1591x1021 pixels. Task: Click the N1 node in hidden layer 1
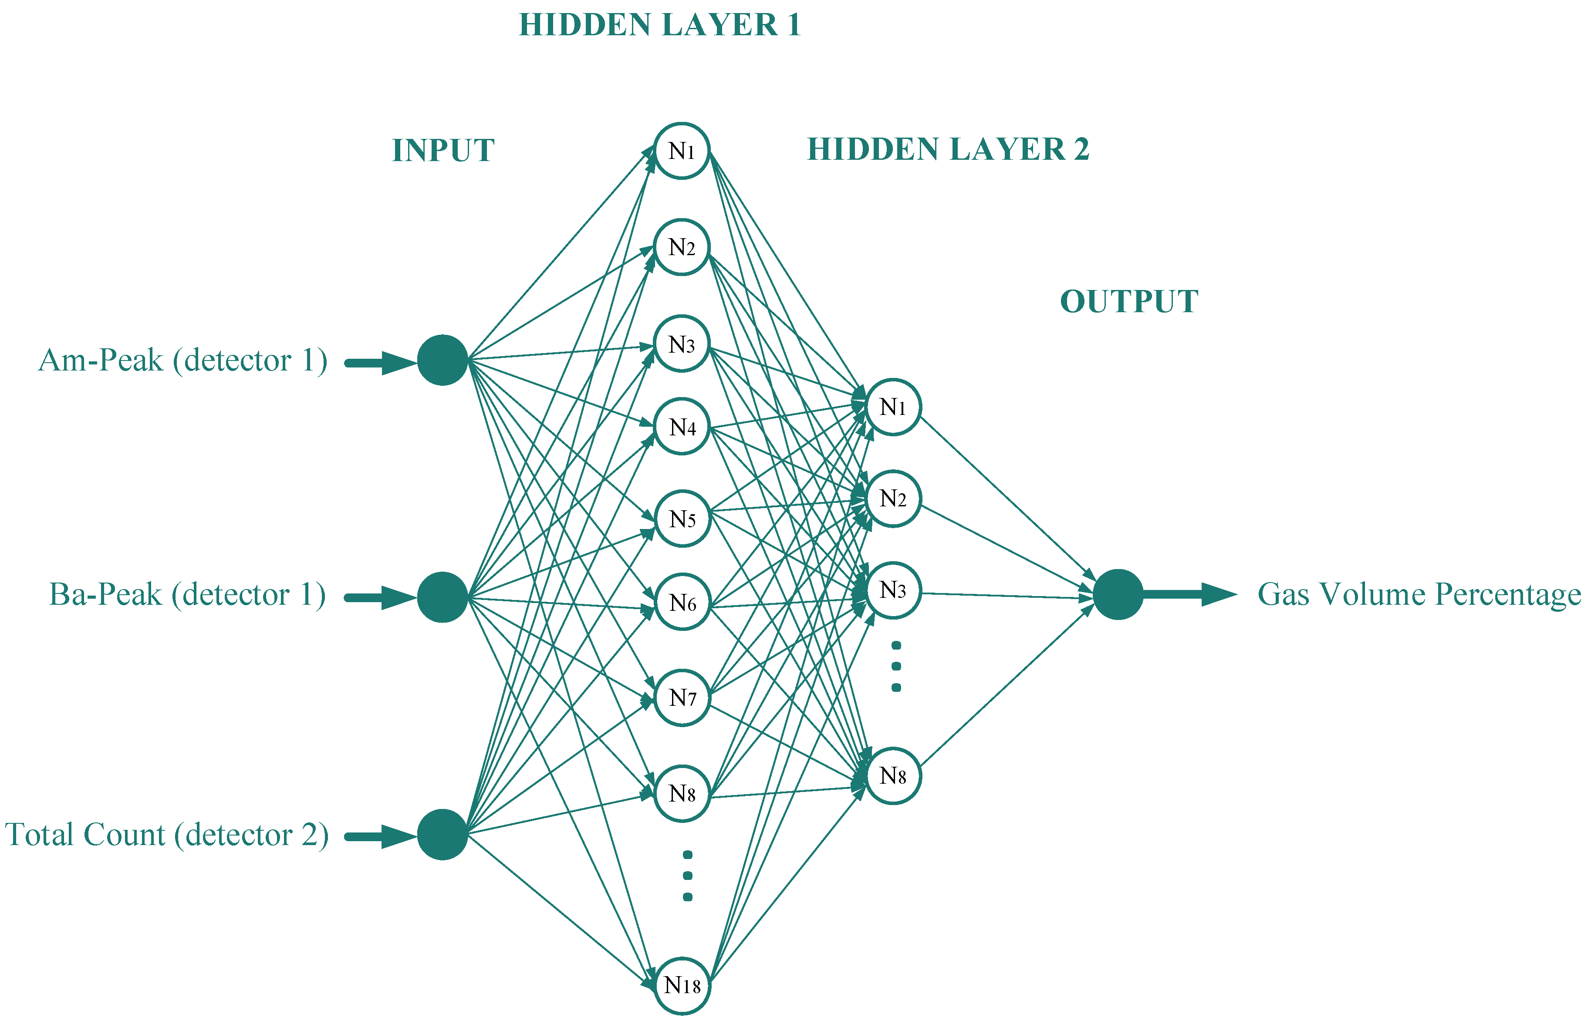[682, 151]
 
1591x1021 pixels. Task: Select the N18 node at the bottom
[682, 986]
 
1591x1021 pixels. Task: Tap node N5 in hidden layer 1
[682, 519]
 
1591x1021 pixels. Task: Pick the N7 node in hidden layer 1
[682, 698]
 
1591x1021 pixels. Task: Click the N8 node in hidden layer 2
[893, 776]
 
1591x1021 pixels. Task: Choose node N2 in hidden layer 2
[893, 499]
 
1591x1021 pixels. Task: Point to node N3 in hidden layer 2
[893, 590]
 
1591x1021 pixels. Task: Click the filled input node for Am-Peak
[443, 360]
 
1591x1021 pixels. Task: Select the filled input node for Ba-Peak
[443, 596]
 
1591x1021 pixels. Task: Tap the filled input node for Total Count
[443, 834]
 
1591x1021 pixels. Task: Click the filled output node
[1118, 594]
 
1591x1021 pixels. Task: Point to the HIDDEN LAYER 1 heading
[659, 25]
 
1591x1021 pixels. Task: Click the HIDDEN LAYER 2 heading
[948, 149]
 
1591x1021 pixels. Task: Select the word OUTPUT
[1129, 302]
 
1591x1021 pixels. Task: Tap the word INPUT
[443, 151]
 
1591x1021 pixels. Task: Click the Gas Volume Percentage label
[1419, 595]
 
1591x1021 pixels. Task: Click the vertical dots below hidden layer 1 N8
[688, 876]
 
